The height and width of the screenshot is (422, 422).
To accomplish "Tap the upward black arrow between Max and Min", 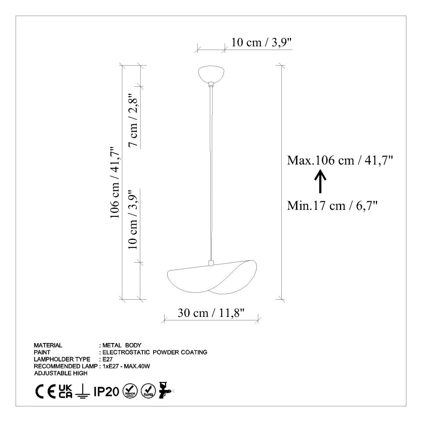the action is (320, 181).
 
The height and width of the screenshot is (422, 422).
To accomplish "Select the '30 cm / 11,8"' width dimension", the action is (211, 313).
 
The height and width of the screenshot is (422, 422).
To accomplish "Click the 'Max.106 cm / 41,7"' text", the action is (340, 161).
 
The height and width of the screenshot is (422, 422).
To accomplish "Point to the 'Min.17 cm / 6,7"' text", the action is (332, 206).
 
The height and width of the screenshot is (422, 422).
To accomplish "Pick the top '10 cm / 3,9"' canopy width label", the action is (261, 43).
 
